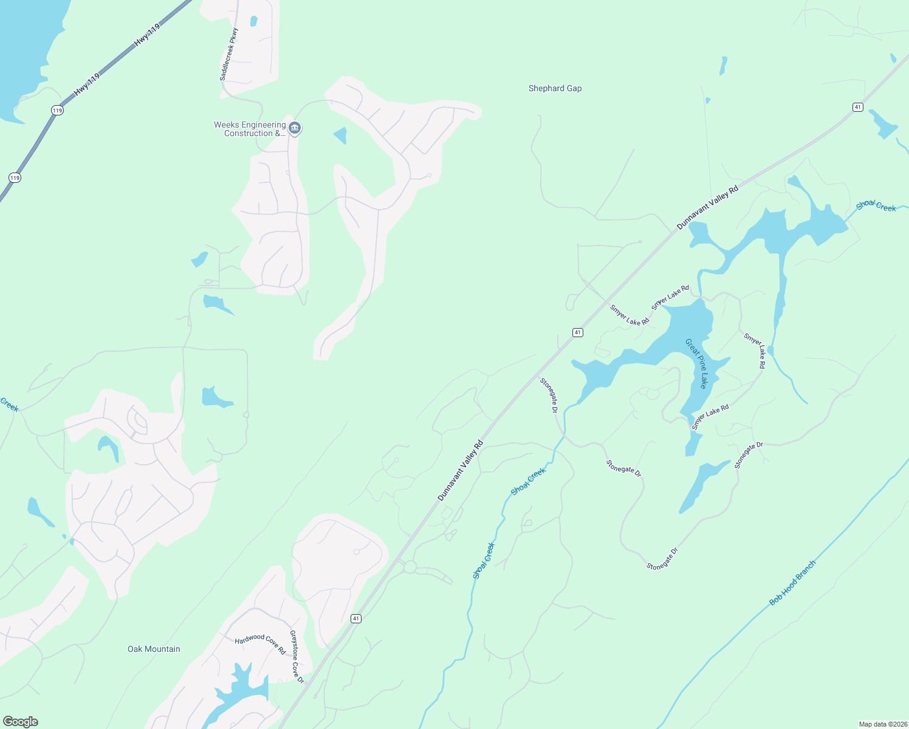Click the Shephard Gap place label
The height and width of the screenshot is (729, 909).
tap(555, 89)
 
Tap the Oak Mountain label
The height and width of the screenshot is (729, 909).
tap(154, 649)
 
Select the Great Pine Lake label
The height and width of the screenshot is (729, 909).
tap(697, 363)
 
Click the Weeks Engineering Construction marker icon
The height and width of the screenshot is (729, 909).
tap(295, 128)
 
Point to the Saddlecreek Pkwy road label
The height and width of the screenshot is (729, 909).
tap(228, 55)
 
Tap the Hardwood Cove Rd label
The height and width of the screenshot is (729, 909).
tap(260, 643)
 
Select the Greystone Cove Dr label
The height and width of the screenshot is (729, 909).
tap(297, 657)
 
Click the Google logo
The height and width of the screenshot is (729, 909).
tap(21, 722)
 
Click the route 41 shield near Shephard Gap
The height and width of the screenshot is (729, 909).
tap(857, 107)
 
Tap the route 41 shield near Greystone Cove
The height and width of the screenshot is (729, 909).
tap(356, 618)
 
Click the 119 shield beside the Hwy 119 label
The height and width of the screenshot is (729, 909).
tap(57, 110)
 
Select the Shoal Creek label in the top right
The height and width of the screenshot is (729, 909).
tap(876, 206)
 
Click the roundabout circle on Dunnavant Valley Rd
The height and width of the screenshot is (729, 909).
tap(410, 567)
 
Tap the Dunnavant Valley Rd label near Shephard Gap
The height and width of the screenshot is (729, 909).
tap(708, 208)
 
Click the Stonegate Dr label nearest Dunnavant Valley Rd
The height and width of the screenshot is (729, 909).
tap(549, 395)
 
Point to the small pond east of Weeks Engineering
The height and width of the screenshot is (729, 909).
tap(341, 135)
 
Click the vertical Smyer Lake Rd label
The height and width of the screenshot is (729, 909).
tap(754, 351)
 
